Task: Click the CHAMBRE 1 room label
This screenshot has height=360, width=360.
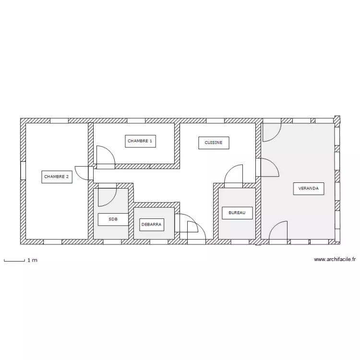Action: (x=140, y=141)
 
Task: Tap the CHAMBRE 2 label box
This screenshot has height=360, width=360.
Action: (x=57, y=177)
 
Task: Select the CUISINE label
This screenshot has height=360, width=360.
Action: (x=214, y=143)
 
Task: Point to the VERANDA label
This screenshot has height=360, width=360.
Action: (x=309, y=189)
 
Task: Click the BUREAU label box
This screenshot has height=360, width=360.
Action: (x=237, y=213)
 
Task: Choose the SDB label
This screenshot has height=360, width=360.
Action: (x=113, y=219)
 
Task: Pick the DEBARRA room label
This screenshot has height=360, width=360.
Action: (x=152, y=225)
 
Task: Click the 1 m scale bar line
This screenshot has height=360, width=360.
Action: (x=14, y=261)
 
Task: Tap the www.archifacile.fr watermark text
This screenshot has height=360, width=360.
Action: (x=335, y=259)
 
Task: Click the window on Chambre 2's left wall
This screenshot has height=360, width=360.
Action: (x=23, y=170)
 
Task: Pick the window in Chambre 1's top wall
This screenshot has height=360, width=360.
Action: (x=136, y=121)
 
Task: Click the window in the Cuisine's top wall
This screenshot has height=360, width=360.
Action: (x=215, y=121)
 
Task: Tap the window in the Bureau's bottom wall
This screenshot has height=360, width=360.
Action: (x=240, y=242)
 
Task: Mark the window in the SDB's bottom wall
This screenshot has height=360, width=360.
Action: (x=112, y=242)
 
